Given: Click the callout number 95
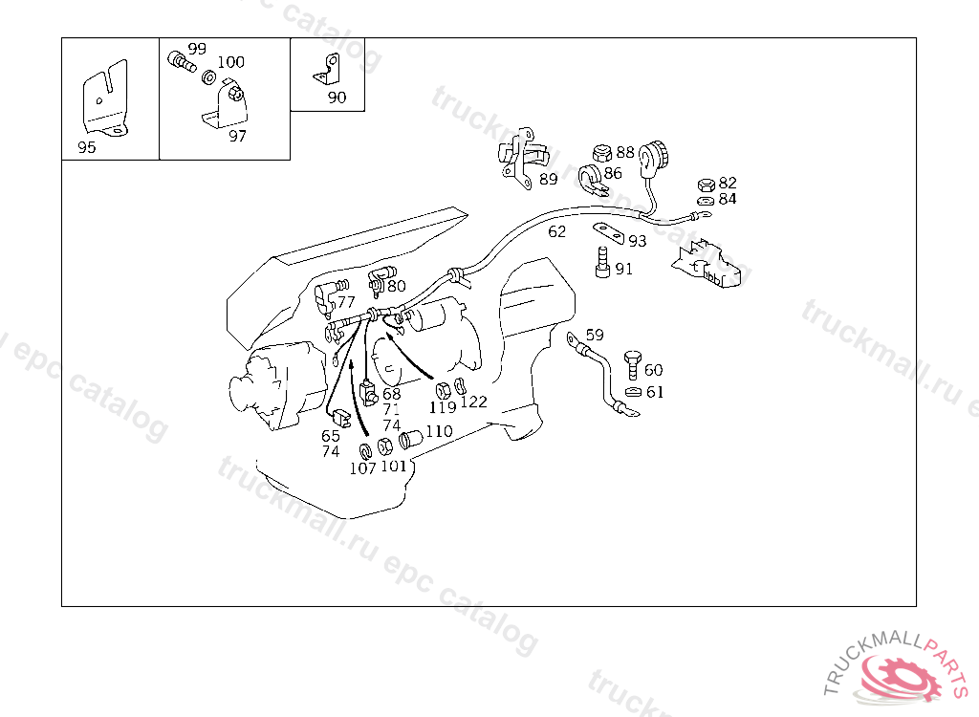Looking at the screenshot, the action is [x=87, y=147].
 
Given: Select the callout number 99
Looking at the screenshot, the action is [x=197, y=49].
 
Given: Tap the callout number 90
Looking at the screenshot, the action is [x=337, y=98].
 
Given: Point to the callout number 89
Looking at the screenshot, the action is [x=548, y=180].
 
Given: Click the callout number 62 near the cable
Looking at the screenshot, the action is [x=557, y=231].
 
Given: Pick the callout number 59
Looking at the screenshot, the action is [x=595, y=335].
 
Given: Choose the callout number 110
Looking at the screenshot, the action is [x=439, y=431].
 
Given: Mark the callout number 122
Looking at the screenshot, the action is [x=473, y=402].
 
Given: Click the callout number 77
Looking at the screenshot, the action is [x=346, y=302].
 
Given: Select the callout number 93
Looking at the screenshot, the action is [x=638, y=241].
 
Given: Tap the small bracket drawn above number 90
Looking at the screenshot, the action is [x=327, y=70].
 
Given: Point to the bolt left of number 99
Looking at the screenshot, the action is [x=182, y=61].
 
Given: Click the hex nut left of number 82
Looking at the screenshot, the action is [x=707, y=185].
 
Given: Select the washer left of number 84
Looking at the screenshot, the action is [x=707, y=201].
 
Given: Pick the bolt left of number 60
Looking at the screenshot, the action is [x=633, y=365].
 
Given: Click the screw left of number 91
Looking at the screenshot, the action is [x=602, y=262].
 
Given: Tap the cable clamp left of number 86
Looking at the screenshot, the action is [x=590, y=180].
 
